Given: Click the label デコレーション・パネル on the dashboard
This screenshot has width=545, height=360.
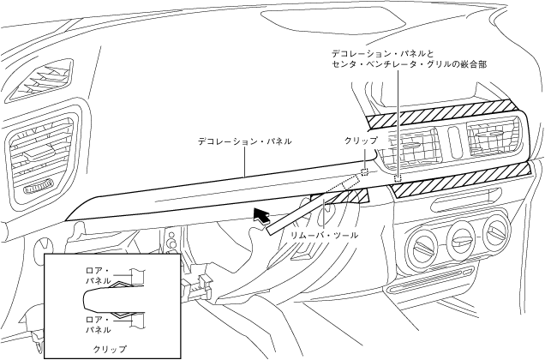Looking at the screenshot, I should pos(245,140).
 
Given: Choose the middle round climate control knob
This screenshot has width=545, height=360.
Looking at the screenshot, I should pos(461,232).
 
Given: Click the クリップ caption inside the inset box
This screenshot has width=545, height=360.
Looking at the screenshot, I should pos(110,349).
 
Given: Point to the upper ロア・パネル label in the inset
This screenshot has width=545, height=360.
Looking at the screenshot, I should pos(93,274).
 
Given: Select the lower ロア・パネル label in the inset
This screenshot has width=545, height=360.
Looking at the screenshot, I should pos(93,323).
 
